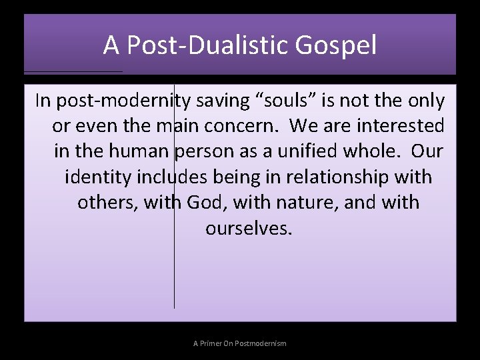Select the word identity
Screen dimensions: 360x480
pyautogui.click(x=97, y=177)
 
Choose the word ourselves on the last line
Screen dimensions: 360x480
pyautogui.click(x=248, y=228)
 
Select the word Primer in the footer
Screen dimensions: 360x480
pyautogui.click(x=213, y=343)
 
